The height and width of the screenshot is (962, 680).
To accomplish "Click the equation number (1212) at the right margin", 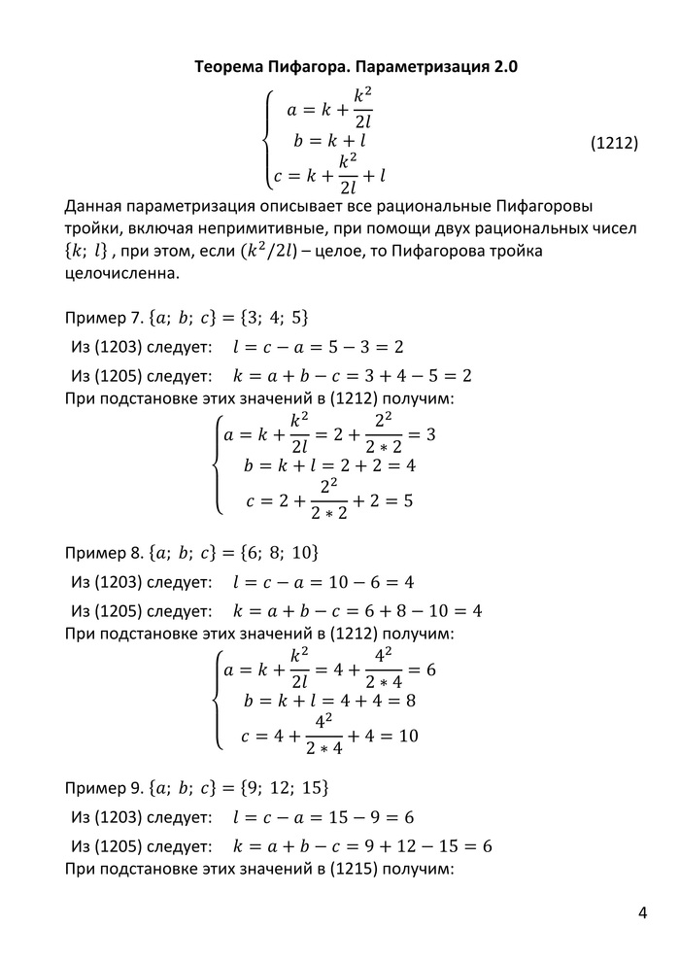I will coord(614,143).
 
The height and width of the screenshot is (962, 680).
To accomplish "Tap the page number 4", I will coord(642,912).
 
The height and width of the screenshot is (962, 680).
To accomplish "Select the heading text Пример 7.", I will coord(102,319).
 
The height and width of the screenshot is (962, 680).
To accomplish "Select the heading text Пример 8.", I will coord(102,553).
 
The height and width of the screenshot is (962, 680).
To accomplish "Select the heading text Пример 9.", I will coord(102,786).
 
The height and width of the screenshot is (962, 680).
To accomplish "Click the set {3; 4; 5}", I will coord(272,319).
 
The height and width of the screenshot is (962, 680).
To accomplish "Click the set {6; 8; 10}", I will coord(278,553).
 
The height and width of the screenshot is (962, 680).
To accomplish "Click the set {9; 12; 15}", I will coord(284,786).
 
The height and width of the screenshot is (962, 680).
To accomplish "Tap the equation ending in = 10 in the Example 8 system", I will coord(330,736).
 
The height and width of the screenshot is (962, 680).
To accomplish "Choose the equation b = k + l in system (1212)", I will coord(330,143).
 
